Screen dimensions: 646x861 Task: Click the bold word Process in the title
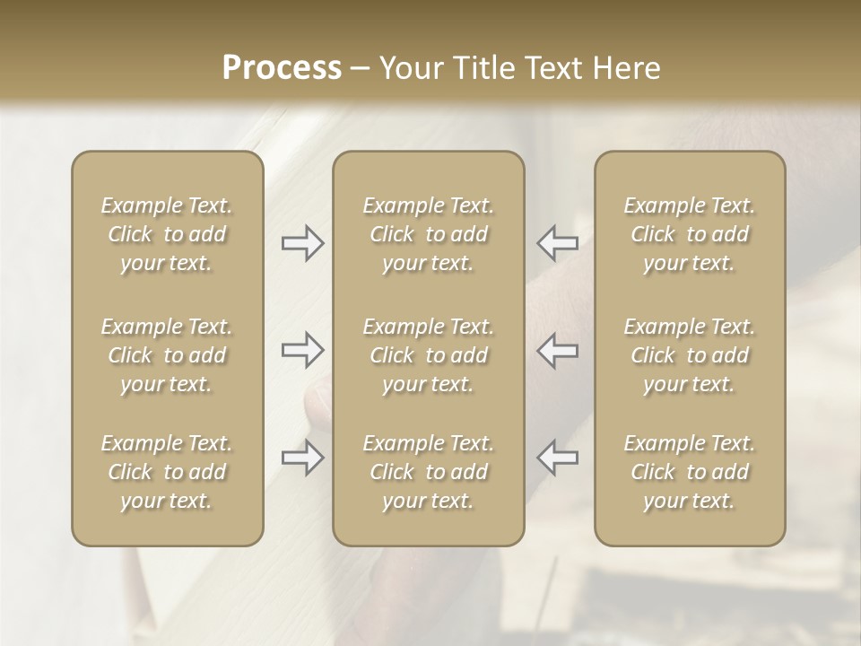click(x=282, y=68)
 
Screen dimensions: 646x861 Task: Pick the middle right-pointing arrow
click(x=302, y=351)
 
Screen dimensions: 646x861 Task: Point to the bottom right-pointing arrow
click(x=302, y=458)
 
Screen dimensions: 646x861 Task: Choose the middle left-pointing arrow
click(x=558, y=351)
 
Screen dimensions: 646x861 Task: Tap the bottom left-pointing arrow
click(x=558, y=458)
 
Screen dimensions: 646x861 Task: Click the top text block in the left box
click(x=167, y=234)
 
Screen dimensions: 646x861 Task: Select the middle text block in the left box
click(x=167, y=355)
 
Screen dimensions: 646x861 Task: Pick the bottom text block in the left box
click(x=167, y=472)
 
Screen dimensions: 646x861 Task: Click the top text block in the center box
click(x=428, y=234)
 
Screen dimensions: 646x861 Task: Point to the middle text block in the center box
click(x=428, y=355)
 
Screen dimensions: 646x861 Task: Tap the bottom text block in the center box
click(x=428, y=472)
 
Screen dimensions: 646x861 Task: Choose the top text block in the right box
click(x=690, y=234)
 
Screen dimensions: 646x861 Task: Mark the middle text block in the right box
click(x=690, y=355)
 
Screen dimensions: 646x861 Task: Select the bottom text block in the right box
click(x=690, y=472)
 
